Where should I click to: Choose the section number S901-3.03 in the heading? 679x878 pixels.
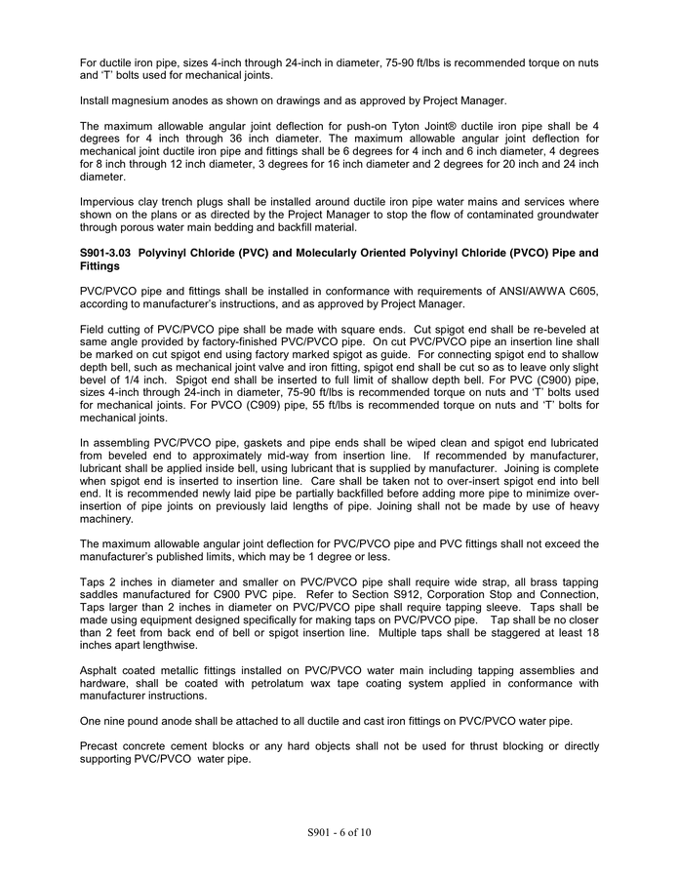tap(105, 253)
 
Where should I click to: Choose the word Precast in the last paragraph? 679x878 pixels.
tap(101, 746)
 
